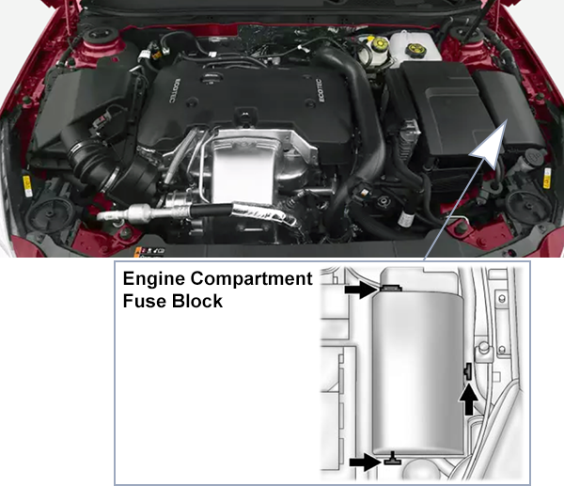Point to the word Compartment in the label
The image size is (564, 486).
pyautogui.click(x=253, y=279)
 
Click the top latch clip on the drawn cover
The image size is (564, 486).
pyautogui.click(x=389, y=287)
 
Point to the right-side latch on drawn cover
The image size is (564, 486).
pyautogui.click(x=467, y=372)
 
